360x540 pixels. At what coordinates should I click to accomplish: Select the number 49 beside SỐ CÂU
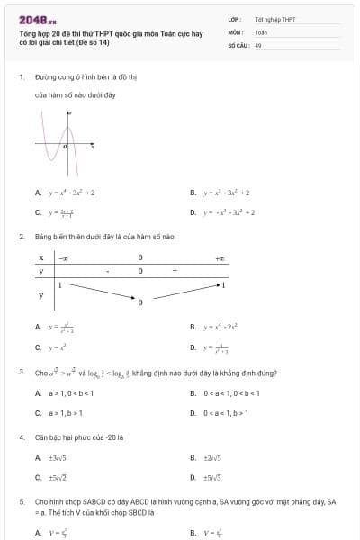(x=258, y=45)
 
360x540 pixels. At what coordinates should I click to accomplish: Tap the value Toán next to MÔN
(x=261, y=31)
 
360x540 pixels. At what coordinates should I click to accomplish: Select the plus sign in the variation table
(x=175, y=271)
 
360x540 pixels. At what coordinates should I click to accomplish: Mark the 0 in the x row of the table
(x=140, y=258)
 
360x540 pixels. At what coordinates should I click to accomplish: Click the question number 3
(x=22, y=372)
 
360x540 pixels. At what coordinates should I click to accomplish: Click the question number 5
(x=22, y=500)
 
